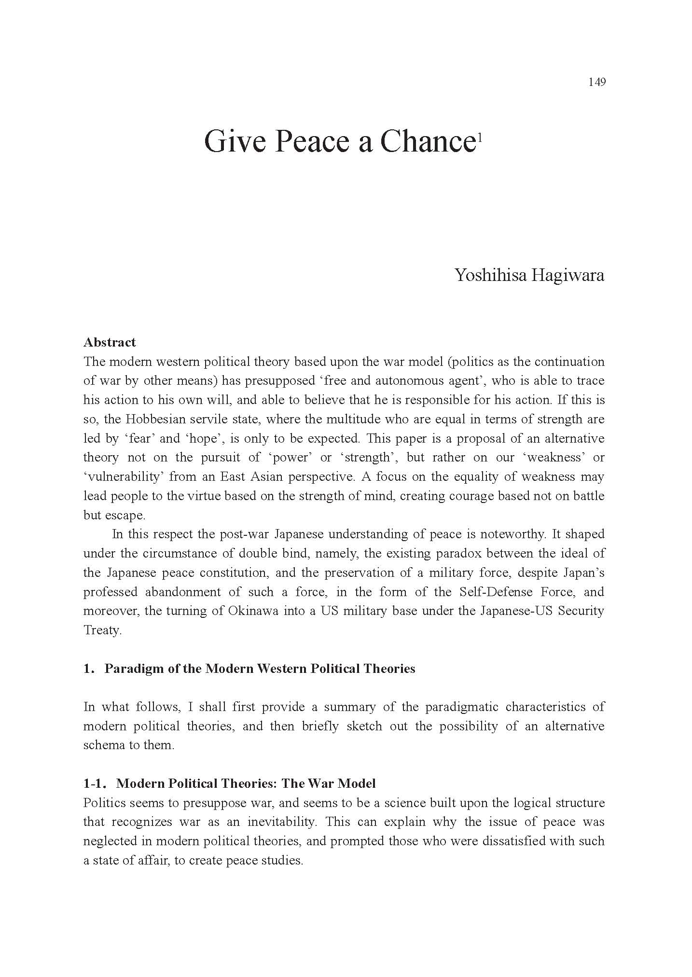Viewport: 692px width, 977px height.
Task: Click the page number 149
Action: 596,82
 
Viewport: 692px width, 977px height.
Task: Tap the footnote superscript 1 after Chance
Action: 479,138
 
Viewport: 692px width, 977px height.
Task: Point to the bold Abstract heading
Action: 110,342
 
